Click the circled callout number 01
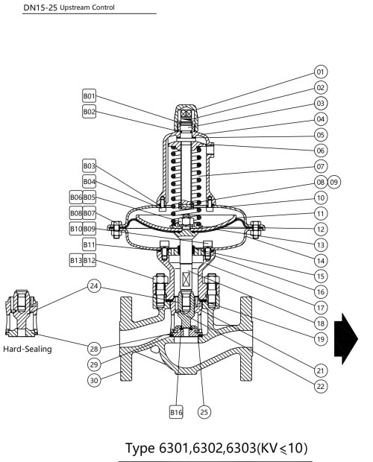[321, 72]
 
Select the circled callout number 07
[321, 165]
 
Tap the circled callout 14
[321, 261]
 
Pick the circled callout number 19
[321, 338]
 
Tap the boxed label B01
[90, 96]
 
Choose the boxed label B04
[90, 181]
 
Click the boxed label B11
[90, 244]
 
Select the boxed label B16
[176, 411]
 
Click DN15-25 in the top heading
[40, 7]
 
